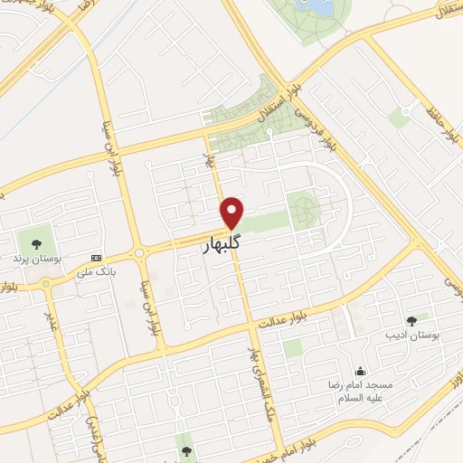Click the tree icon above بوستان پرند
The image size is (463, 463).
click(36, 242)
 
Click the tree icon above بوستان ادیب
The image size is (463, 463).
click(412, 319)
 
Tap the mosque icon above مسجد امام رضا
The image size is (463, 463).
click(361, 371)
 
